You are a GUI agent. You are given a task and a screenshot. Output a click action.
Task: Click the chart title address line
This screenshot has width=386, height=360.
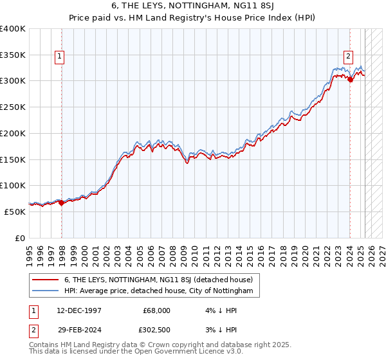tap(192, 7)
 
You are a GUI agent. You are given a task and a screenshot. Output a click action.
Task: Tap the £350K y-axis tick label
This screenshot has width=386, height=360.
tap(13, 55)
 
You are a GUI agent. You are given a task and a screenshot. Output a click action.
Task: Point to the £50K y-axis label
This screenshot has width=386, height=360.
tap(15, 212)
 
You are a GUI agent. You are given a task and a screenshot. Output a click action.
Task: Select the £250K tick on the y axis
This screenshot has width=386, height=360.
tap(13, 107)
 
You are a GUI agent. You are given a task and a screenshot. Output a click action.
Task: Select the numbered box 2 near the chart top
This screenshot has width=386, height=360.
tap(348, 55)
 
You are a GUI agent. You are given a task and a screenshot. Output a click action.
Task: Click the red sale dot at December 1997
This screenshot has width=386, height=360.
tap(62, 203)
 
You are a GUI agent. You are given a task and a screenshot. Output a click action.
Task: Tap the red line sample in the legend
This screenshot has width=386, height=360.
tap(45, 280)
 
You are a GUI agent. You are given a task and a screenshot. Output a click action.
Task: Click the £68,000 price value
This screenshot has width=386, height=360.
tap(156, 310)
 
